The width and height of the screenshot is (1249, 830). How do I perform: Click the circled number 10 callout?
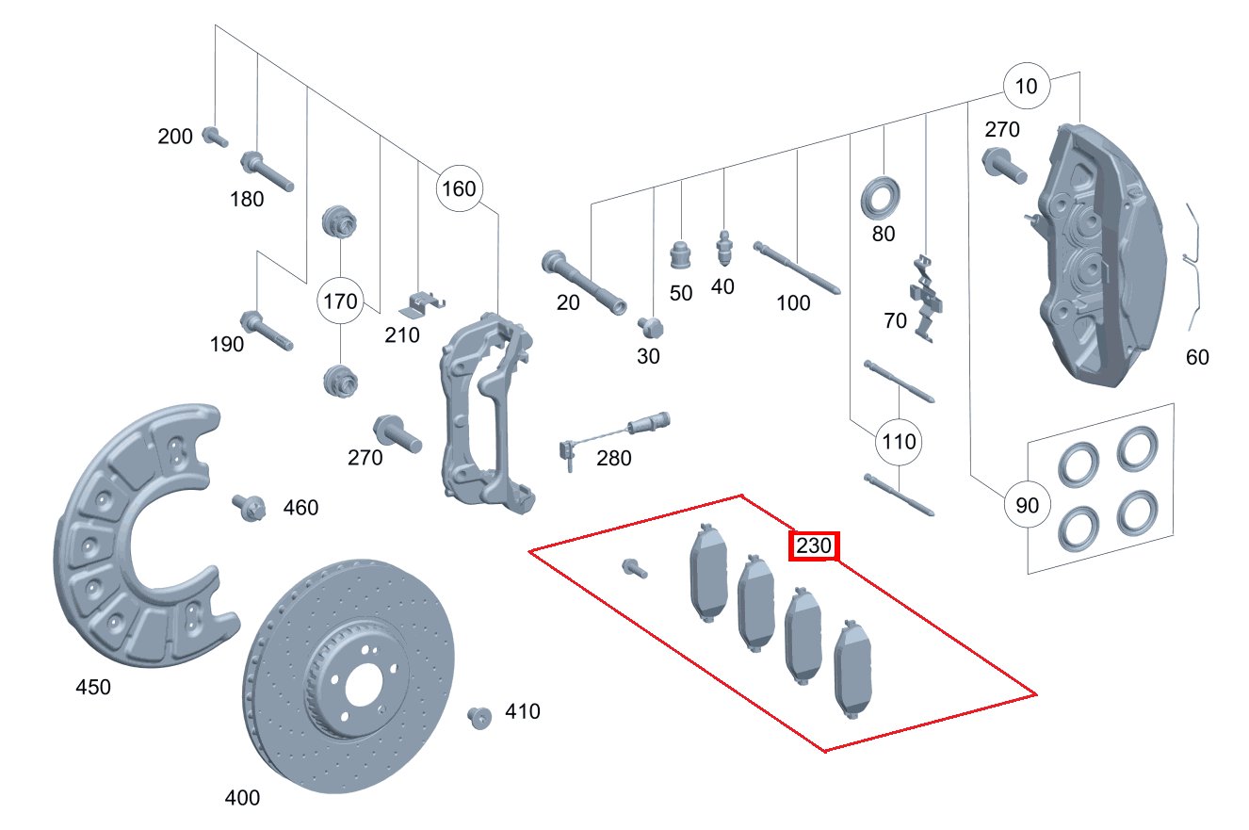click(x=1027, y=87)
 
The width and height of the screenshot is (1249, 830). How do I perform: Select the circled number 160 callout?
click(x=459, y=188)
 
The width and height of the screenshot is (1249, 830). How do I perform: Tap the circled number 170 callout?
click(x=340, y=301)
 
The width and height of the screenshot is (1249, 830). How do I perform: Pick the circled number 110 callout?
click(x=899, y=441)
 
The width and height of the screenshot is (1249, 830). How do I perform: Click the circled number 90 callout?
click(x=1028, y=506)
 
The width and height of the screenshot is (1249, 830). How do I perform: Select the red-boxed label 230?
click(x=814, y=545)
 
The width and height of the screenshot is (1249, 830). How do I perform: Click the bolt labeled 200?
click(x=215, y=137)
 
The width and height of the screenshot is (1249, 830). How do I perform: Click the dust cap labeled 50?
click(x=681, y=254)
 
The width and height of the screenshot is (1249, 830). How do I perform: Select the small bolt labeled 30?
click(x=649, y=326)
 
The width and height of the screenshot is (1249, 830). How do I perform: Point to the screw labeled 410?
click(x=480, y=717)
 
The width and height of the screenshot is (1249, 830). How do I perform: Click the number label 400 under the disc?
click(x=242, y=798)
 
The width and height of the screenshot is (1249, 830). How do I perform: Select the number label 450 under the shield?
click(x=93, y=688)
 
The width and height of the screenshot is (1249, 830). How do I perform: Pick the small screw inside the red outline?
click(x=634, y=568)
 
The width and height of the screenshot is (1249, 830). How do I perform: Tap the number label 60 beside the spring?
click(x=1197, y=357)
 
